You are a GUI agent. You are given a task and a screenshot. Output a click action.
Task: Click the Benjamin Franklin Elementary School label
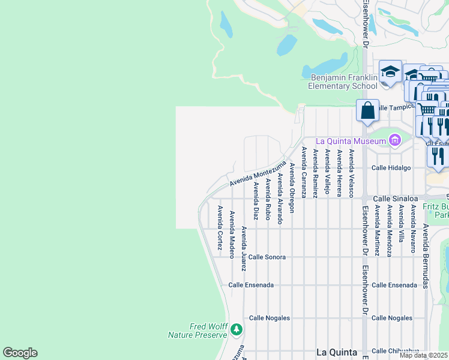click(343, 82)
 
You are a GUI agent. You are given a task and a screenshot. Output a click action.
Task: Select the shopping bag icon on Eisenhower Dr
click(367, 111)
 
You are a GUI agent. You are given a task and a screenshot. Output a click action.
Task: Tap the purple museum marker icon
click(394, 141)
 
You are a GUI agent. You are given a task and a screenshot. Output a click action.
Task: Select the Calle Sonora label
click(267, 257)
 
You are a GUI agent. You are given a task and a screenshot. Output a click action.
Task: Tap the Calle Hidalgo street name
click(391, 168)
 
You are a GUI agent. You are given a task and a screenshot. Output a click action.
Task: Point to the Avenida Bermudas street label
click(425, 256)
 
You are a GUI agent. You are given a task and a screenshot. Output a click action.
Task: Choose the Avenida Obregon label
click(292, 188)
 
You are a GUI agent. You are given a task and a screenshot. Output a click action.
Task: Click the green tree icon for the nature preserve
click(237, 329)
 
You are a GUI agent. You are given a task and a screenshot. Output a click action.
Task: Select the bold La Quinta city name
click(337, 352)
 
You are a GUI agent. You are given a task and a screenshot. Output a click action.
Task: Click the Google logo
click(20, 353)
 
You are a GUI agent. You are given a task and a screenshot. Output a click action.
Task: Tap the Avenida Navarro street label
click(413, 229)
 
